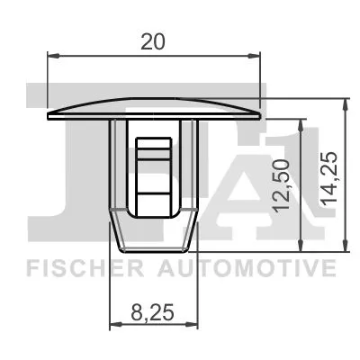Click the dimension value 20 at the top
154,40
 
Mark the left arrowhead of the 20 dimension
51,58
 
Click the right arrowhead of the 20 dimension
256,58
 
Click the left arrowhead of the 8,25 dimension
113,325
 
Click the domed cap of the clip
154,103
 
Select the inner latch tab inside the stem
154,171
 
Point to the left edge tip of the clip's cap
48,116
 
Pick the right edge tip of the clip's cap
260,116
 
